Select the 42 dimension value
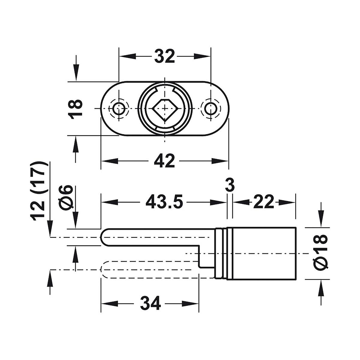coord(164,161)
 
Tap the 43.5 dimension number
coord(164,202)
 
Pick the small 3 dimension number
coord(229,185)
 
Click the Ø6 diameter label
coord(67,198)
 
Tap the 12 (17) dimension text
coord(39,192)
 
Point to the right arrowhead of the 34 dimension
coord(194,303)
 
